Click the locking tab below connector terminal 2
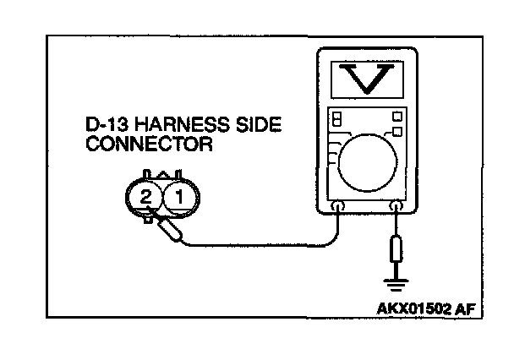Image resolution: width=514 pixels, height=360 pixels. coord(148,220)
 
